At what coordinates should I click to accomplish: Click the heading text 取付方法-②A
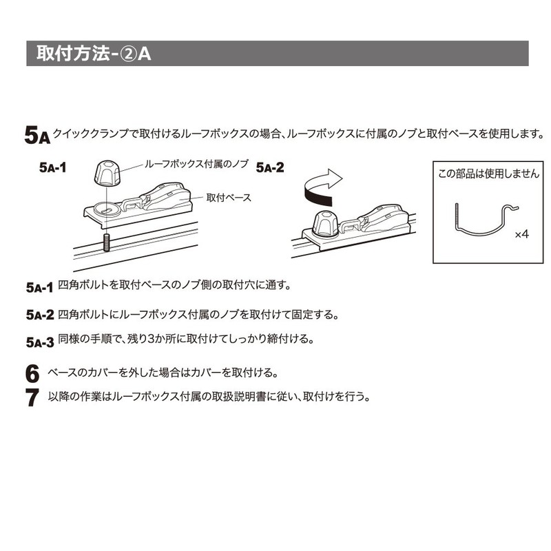coord(94,54)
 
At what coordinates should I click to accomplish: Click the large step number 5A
coord(37,135)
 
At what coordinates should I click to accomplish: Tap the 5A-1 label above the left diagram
coord(53,167)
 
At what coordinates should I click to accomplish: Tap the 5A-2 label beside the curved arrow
coord(270,167)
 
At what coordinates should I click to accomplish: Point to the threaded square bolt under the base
coord(106,242)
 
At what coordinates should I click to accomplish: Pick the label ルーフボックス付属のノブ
coord(196,164)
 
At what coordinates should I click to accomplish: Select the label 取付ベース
coord(229,198)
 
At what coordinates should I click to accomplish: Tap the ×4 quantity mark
coord(522,234)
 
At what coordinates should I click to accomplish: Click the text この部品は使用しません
coord(488,174)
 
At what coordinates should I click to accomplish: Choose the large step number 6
coord(32,373)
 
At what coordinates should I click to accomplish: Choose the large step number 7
coord(32,397)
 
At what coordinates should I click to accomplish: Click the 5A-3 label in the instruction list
coord(40,342)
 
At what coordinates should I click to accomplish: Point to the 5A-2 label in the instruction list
coord(40,315)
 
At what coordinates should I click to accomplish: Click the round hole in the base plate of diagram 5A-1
coord(107,209)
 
